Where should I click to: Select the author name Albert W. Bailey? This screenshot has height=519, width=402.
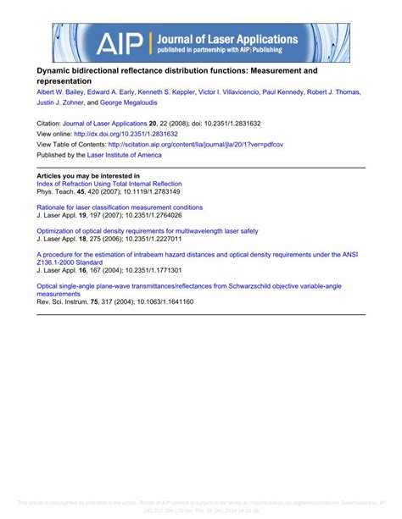(64, 92)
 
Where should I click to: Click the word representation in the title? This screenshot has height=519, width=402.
(64, 81)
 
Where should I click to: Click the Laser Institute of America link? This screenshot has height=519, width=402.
(121, 156)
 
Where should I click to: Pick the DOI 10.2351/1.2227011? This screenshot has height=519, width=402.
(148, 239)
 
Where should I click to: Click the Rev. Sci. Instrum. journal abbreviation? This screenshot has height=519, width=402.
(62, 302)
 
